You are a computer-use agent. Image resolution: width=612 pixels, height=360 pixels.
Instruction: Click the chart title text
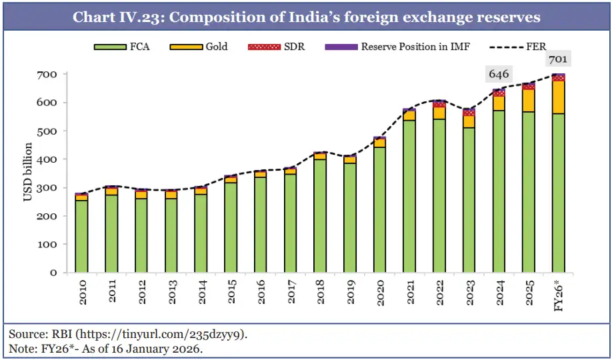point(306,17)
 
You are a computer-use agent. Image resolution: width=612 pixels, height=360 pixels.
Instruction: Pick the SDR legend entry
point(279,47)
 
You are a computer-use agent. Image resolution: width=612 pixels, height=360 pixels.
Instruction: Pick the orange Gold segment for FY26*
point(559,97)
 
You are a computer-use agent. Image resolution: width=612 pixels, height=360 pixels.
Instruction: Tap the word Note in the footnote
point(21,347)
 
